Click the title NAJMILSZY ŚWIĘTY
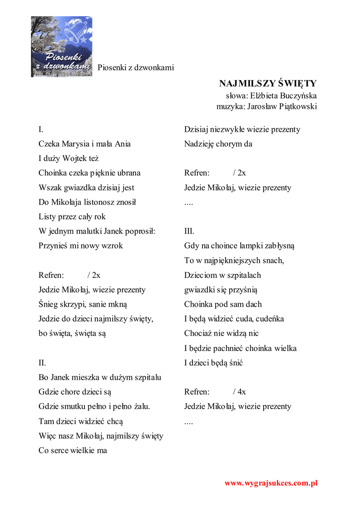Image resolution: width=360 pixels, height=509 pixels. [x=268, y=83]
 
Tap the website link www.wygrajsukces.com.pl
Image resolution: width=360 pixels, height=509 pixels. [x=271, y=483]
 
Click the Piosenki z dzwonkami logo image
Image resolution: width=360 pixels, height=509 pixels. [x=62, y=47]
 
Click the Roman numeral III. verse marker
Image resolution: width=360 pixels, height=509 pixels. [x=189, y=231]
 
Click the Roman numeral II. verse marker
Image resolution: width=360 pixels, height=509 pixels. [x=43, y=362]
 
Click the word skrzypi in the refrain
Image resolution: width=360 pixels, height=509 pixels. [x=71, y=304]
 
